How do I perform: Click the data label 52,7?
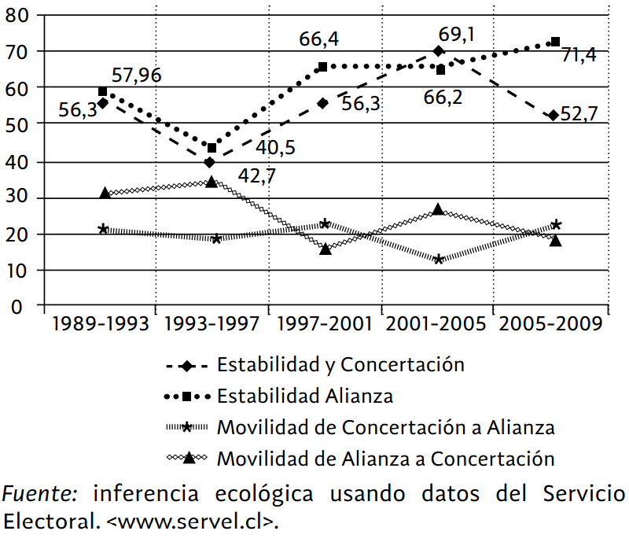pyautogui.click(x=579, y=115)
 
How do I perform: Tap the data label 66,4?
pyautogui.click(x=318, y=39)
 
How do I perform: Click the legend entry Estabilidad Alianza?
pyautogui.click(x=304, y=396)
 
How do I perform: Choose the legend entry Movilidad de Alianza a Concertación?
pyautogui.click(x=385, y=459)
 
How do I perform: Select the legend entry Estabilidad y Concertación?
pyautogui.click(x=340, y=364)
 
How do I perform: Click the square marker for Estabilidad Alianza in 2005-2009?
pyautogui.click(x=555, y=42)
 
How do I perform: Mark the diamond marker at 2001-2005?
pyautogui.click(x=439, y=52)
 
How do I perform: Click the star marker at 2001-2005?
pyautogui.click(x=440, y=259)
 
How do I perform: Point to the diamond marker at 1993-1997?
pyautogui.click(x=209, y=162)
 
